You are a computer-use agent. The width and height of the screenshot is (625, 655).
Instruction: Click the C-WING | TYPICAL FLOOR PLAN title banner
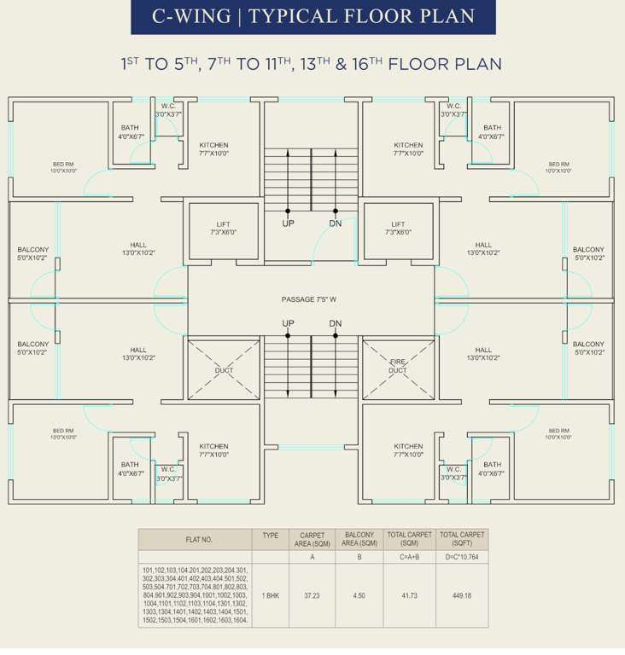click(x=312, y=16)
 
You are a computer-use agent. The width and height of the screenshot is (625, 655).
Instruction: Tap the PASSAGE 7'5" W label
click(x=309, y=299)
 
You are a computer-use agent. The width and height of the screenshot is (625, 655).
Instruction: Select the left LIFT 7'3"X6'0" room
click(x=223, y=229)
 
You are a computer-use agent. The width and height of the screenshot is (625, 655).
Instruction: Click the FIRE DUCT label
click(x=398, y=367)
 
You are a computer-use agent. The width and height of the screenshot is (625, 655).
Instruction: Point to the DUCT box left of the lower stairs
click(x=224, y=370)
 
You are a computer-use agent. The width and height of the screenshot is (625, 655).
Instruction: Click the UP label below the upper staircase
click(x=288, y=223)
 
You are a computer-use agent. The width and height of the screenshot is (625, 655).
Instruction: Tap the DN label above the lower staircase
click(x=335, y=323)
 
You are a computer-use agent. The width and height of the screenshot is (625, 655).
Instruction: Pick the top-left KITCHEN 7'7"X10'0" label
click(x=213, y=149)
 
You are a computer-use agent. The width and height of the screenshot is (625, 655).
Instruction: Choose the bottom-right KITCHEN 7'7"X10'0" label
click(x=408, y=450)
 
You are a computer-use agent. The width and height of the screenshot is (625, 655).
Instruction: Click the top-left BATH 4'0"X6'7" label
click(x=130, y=132)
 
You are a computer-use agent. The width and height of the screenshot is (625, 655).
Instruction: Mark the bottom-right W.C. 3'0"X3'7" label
click(x=453, y=473)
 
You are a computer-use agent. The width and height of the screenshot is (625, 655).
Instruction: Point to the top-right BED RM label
click(x=558, y=167)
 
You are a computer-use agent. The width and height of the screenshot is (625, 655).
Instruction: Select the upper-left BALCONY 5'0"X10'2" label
click(x=33, y=253)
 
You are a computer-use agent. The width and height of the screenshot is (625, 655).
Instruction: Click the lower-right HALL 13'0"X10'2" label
click(x=483, y=353)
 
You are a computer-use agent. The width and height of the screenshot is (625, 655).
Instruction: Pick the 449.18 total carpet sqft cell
click(x=462, y=597)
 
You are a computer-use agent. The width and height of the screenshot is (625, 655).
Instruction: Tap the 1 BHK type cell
click(x=270, y=597)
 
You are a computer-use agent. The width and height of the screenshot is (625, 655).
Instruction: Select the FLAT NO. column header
click(x=195, y=540)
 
